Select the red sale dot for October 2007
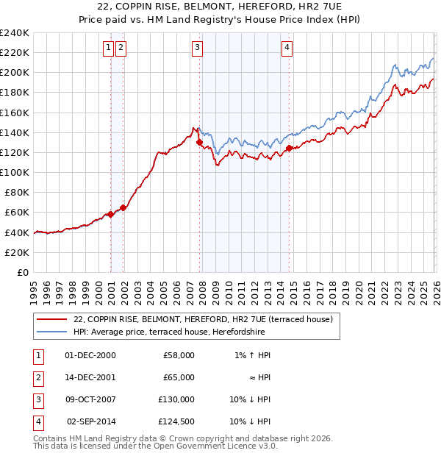[199, 143]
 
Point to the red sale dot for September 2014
[289, 148]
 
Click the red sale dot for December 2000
[110, 214]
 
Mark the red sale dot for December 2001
[123, 207]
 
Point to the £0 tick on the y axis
[22, 272]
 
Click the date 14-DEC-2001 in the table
[90, 377]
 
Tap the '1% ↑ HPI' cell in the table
[252, 355]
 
